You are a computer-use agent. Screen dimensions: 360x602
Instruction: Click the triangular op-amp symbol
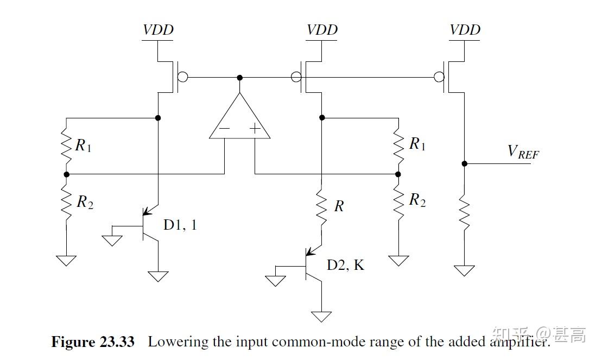pyautogui.click(x=239, y=120)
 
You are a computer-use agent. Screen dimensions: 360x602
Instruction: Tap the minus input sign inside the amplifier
pyautogui.click(x=224, y=129)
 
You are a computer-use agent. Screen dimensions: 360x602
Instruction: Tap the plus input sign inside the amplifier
pyautogui.click(x=255, y=129)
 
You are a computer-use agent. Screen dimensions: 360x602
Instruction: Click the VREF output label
pyautogui.click(x=523, y=151)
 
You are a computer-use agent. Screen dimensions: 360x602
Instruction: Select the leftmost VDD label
pyautogui.click(x=158, y=30)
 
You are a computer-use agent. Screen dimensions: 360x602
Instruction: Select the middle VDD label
pyautogui.click(x=322, y=30)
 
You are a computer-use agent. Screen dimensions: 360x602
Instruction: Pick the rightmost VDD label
pyautogui.click(x=465, y=30)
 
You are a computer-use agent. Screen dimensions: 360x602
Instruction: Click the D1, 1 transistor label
pyautogui.click(x=180, y=224)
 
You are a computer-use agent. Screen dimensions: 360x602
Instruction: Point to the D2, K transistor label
pyautogui.click(x=345, y=265)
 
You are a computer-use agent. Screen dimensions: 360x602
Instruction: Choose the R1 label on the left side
pyautogui.click(x=83, y=146)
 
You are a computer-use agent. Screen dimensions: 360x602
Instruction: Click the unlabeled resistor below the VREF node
pyautogui.click(x=464, y=212)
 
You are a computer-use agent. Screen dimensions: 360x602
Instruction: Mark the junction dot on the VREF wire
pyautogui.click(x=464, y=163)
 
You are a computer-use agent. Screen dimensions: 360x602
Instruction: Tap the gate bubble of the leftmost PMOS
pyautogui.click(x=183, y=78)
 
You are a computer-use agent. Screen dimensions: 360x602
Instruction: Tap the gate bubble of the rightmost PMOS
pyautogui.click(x=439, y=78)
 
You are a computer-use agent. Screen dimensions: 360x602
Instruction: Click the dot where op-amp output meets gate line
pyautogui.click(x=239, y=78)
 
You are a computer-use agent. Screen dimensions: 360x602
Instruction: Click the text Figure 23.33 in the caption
pyautogui.click(x=93, y=342)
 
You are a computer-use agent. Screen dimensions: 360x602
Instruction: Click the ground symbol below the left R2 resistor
pyautogui.click(x=66, y=260)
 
